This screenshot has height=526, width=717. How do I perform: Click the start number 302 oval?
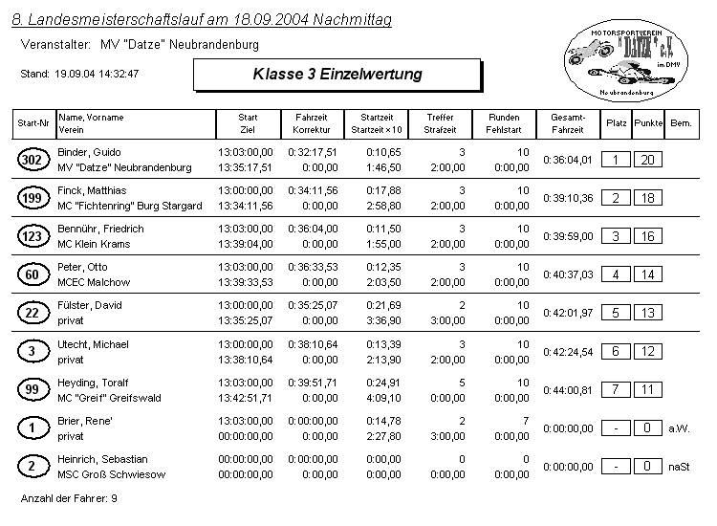point(32,160)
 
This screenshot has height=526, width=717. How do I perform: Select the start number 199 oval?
point(32,198)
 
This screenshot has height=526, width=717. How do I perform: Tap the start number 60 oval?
point(32,274)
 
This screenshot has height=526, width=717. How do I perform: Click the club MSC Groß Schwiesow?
point(112,474)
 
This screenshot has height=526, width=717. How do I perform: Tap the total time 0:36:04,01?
point(568,160)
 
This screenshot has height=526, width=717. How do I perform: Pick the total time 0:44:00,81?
point(568,390)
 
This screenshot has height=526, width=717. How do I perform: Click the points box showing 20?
point(647,160)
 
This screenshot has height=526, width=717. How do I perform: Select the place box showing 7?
point(616,389)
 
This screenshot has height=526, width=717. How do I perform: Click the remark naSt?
point(680,467)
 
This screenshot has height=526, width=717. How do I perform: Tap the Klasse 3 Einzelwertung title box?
point(337,74)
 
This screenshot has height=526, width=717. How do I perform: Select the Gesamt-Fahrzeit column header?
point(568,123)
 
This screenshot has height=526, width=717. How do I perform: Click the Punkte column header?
point(648,123)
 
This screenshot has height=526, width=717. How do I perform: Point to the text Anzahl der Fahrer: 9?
point(69,498)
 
